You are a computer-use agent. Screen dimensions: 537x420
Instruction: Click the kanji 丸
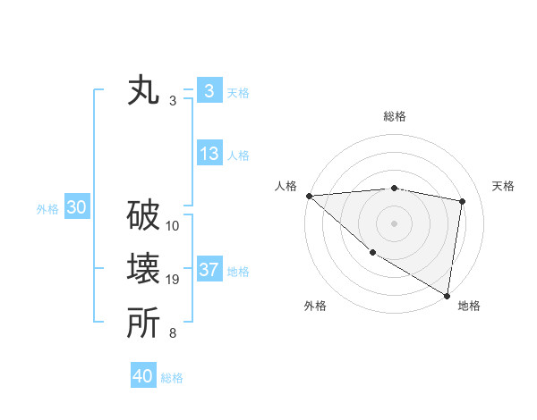(143, 92)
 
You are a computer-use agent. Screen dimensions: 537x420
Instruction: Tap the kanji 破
(143, 216)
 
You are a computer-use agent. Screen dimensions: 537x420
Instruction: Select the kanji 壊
(143, 270)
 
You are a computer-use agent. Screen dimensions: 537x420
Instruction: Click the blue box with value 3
(209, 91)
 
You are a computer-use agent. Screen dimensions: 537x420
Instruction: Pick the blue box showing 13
(209, 154)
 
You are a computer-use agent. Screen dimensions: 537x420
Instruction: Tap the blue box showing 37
(209, 270)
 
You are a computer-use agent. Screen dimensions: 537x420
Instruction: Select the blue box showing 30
(76, 208)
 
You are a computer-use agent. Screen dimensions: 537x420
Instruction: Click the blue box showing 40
(143, 376)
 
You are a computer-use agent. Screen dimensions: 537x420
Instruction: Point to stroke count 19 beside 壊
(173, 280)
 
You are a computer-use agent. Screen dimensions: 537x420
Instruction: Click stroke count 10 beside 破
(173, 226)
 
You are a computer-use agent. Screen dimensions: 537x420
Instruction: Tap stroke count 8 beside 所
(172, 333)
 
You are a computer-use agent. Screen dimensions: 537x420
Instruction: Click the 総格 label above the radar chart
(394, 116)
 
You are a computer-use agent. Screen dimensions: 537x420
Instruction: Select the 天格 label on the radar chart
(504, 186)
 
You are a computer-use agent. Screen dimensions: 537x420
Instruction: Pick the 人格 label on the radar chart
(286, 186)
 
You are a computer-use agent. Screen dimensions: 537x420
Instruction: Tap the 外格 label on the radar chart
(315, 306)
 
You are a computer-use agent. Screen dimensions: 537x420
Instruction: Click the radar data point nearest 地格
(447, 294)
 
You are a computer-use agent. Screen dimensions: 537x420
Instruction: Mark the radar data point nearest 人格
(309, 196)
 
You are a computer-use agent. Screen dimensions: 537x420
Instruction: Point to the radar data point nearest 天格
(463, 201)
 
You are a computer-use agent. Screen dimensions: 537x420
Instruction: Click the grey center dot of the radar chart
(394, 223)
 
